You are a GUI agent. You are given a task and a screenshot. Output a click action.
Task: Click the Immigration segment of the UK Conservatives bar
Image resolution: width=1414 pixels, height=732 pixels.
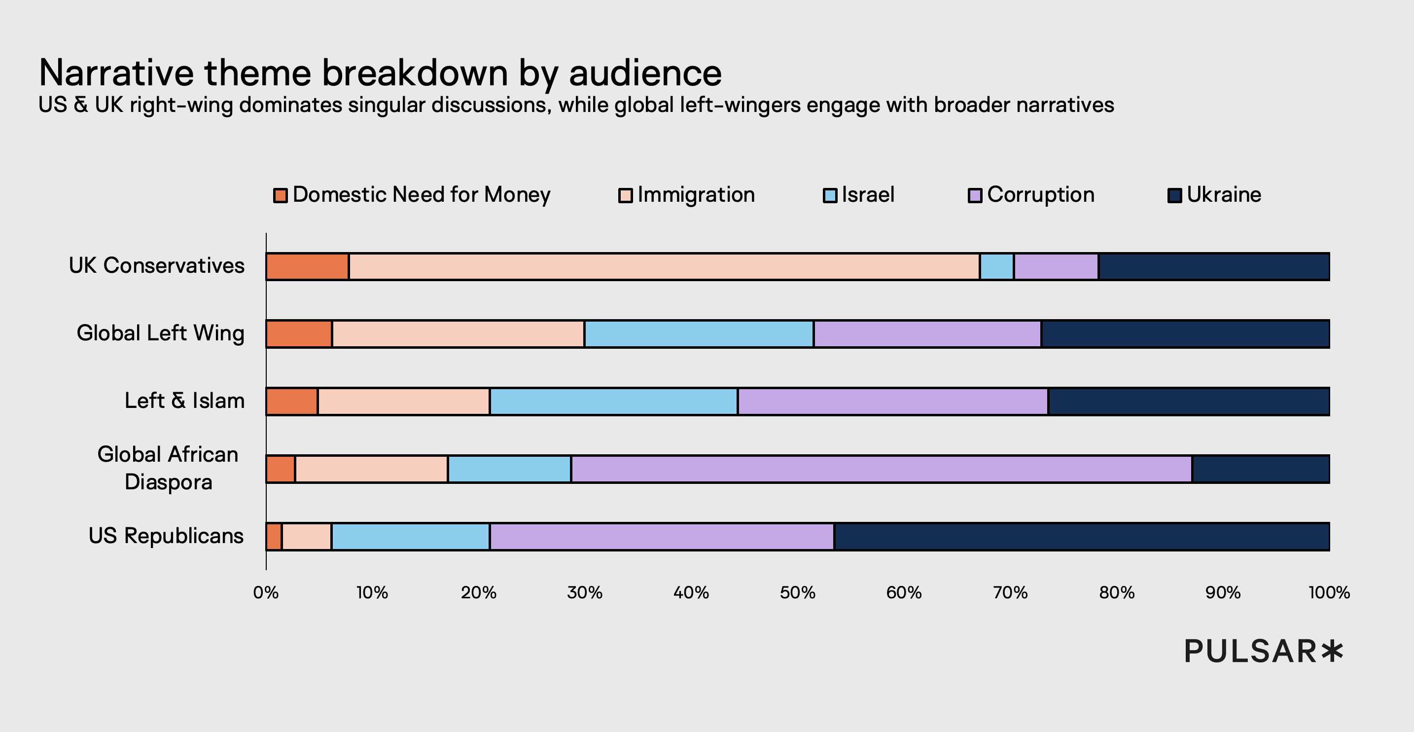664,267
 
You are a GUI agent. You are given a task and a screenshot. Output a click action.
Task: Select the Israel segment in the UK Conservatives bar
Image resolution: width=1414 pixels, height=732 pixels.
997,267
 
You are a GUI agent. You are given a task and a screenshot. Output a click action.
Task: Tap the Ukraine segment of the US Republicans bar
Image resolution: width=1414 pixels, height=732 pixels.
1081,537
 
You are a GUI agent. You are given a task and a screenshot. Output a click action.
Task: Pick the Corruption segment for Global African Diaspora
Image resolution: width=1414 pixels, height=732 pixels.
882,469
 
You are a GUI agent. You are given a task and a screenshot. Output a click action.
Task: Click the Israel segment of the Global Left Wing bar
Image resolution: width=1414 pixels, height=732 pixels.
699,334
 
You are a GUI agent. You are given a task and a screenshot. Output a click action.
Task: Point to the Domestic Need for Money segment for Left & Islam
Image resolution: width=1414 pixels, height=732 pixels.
292,402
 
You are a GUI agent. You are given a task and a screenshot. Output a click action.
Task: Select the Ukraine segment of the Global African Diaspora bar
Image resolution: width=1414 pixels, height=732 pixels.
1261,469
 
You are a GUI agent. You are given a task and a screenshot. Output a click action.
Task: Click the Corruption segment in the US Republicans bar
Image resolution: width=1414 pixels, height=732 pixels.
662,537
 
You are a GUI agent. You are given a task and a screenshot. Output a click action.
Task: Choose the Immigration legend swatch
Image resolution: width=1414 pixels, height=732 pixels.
625,195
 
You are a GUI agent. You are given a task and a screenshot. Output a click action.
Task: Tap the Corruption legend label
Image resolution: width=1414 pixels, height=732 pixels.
1041,195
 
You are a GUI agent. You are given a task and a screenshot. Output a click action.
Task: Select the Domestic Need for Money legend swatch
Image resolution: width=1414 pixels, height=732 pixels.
281,195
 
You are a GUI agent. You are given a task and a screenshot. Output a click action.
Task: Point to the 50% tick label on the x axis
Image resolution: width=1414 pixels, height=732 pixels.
798,592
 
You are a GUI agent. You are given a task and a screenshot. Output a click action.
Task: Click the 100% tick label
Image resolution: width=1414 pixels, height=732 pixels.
1329,592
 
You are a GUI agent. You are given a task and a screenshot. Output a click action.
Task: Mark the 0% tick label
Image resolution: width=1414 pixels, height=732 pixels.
266,592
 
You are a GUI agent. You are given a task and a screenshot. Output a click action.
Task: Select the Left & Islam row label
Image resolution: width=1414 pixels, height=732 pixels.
184,401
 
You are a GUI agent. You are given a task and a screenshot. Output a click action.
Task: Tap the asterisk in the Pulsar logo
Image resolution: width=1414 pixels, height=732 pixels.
1332,651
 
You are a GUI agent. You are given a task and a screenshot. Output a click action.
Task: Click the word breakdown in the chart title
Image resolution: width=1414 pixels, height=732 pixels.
415,73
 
